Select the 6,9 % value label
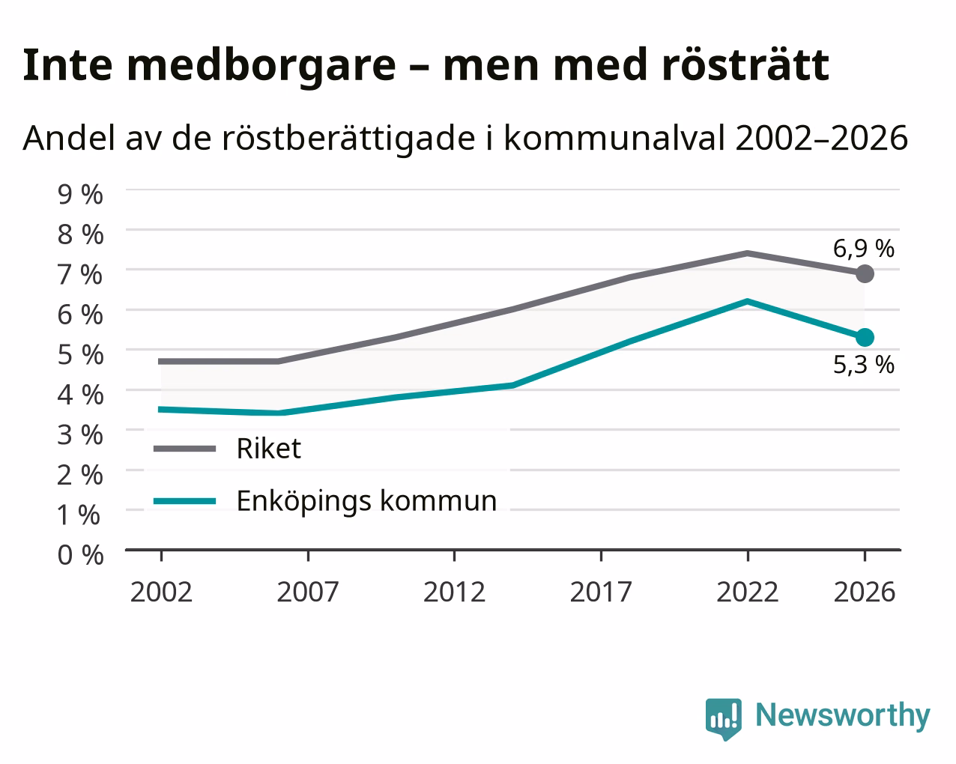[863, 249]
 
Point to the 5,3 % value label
[863, 365]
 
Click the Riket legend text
[269, 448]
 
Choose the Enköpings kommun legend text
[366, 501]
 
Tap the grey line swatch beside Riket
[184, 449]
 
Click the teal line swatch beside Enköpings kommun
[184, 501]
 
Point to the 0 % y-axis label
[80, 555]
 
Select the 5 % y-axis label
[80, 354]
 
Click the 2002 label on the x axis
[161, 592]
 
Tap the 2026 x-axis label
[865, 592]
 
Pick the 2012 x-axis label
[455, 592]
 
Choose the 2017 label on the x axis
[601, 592]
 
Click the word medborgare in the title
[261, 67]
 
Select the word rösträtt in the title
[745, 65]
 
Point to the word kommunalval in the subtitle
[614, 138]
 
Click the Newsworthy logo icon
[723, 719]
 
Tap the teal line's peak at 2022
[748, 302]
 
